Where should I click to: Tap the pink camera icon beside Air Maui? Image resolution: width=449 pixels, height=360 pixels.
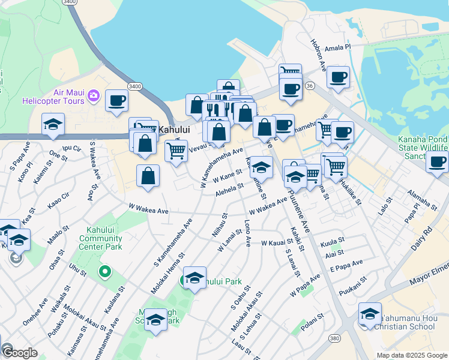coord(93,95)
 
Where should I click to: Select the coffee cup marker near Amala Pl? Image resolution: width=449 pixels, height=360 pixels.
coord(338,77)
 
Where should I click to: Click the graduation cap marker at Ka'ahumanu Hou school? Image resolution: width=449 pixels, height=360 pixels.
coord(370,313)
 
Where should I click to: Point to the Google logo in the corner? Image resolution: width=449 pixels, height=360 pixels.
coord(19,353)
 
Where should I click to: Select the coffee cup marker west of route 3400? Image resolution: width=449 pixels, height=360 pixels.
coord(116,100)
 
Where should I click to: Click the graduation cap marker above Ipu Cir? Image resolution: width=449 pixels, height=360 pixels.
coord(53,124)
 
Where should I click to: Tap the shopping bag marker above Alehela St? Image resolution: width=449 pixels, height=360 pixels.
coord(148,176)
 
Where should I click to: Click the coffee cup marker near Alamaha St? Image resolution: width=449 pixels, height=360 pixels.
coord(438,161)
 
